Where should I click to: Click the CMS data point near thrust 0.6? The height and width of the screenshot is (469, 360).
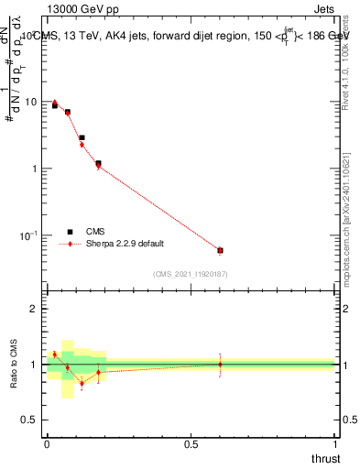tap(220, 250)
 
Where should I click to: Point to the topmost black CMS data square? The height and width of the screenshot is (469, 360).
tap(55, 105)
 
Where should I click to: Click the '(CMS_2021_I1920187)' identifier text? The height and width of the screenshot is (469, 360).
tap(189, 274)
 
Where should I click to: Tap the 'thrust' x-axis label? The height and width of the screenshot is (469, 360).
tap(324, 458)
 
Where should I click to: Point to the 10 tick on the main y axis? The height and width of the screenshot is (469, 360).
tap(32, 102)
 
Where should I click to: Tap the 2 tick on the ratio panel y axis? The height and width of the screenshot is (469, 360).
tap(36, 309)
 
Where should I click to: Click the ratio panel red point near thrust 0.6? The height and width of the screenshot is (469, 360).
tap(220, 364)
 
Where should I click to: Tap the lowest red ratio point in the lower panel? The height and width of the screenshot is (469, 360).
tap(82, 383)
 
